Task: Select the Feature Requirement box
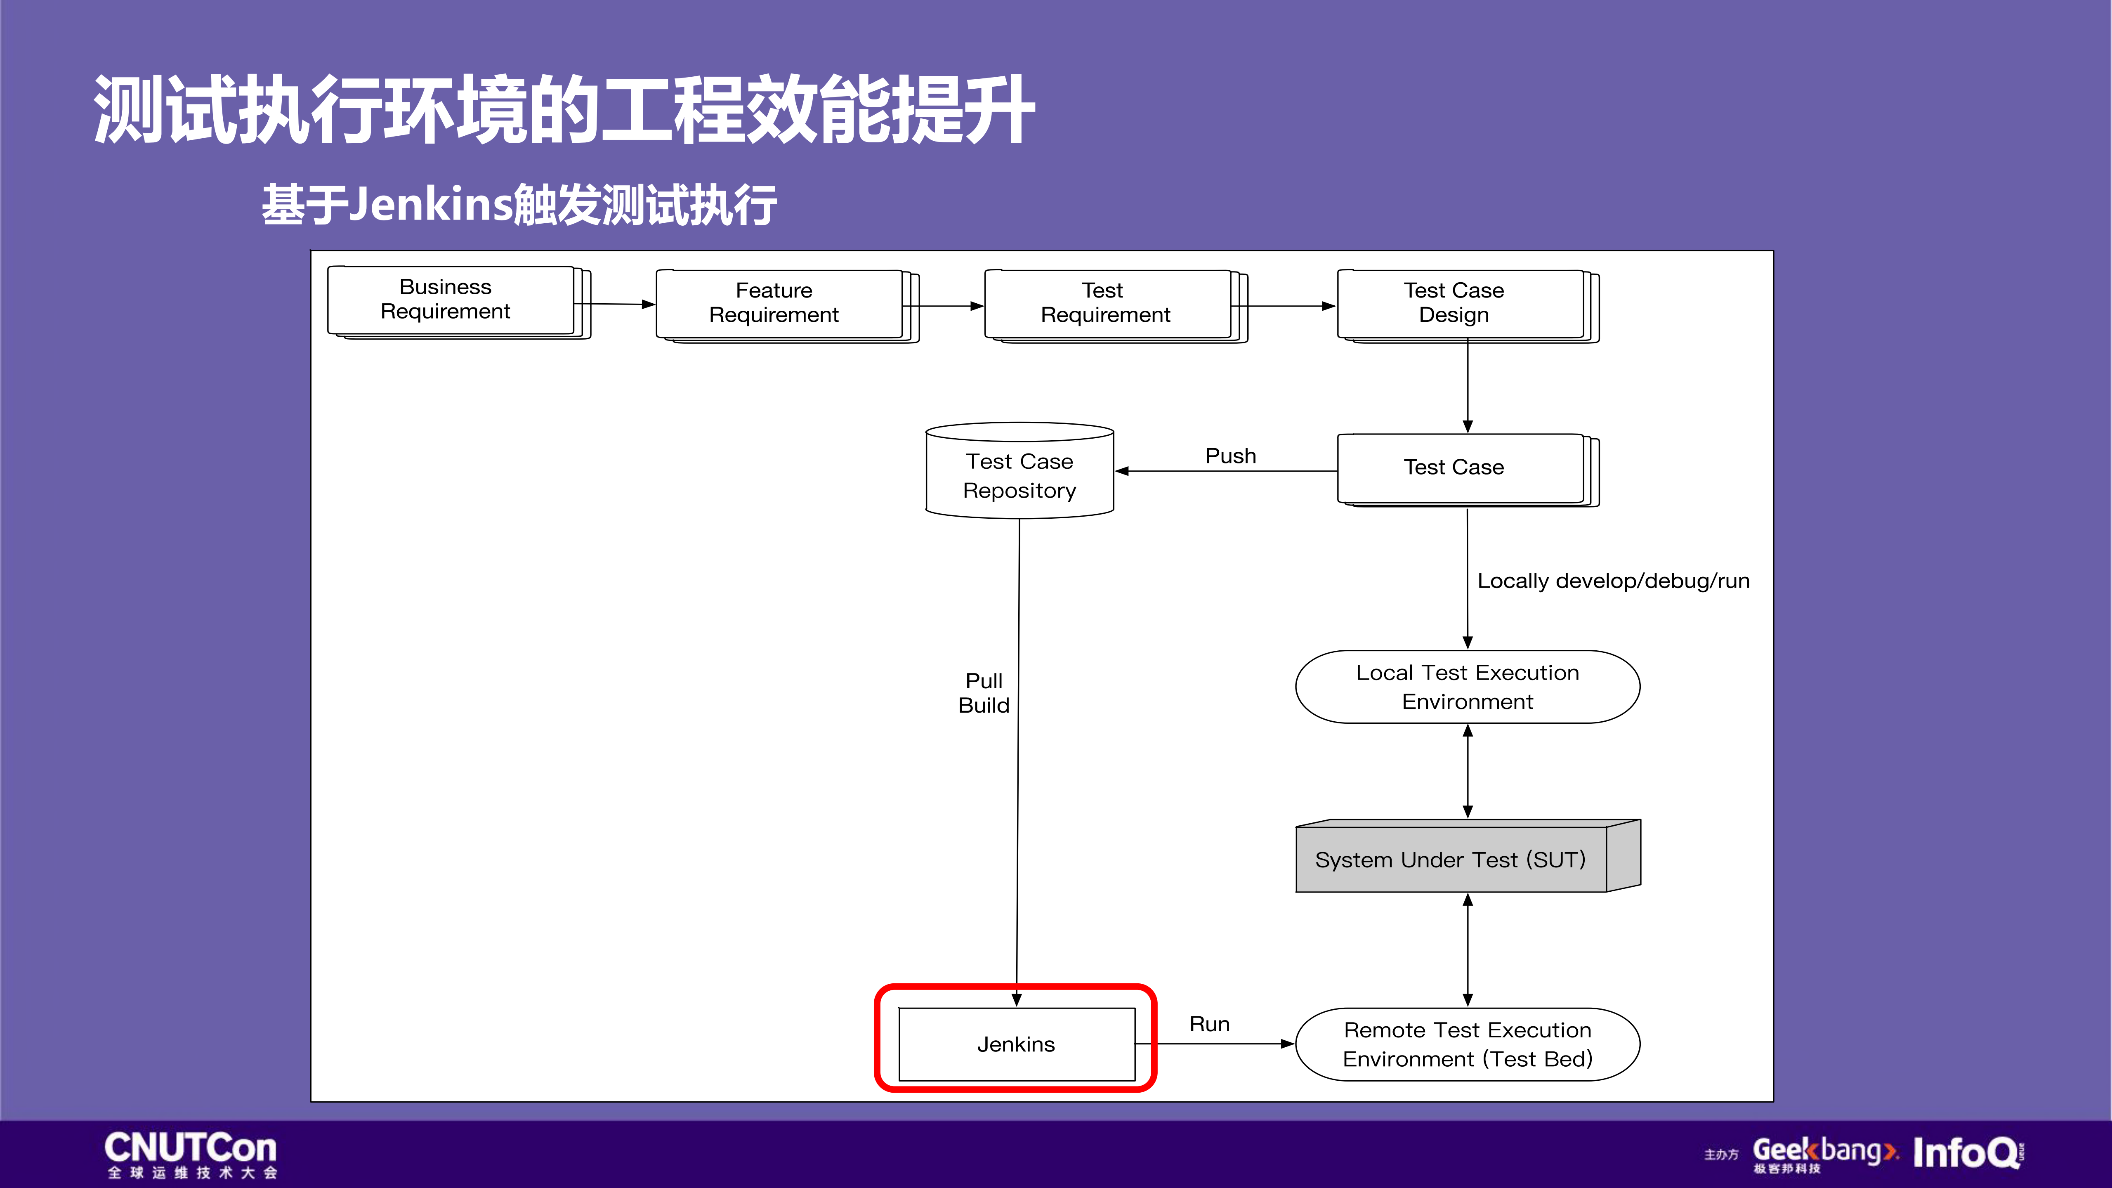779,303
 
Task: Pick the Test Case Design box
1459,303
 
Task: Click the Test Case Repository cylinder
1019,475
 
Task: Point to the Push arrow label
1230,456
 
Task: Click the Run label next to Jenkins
1209,1024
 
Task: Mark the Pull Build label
984,693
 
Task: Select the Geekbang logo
1824,1153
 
